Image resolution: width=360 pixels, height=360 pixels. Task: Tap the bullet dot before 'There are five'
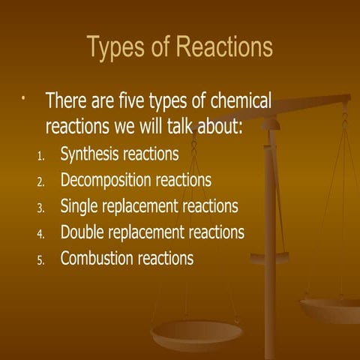pos(24,98)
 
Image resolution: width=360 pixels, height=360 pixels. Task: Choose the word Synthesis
pos(91,155)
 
